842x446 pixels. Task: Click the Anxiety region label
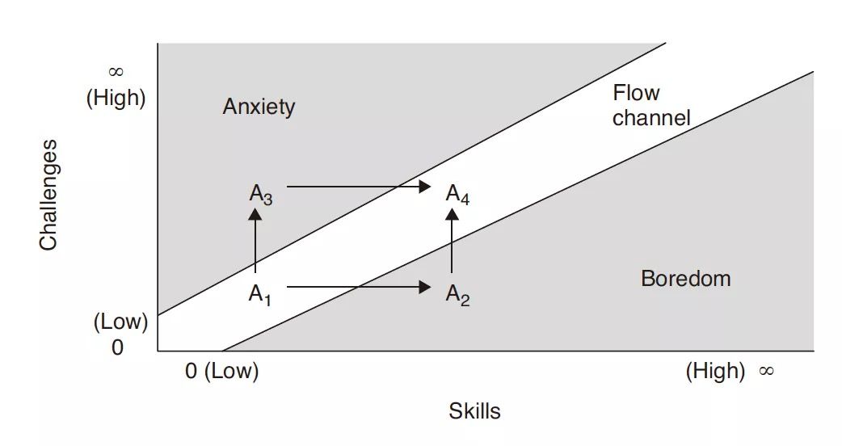point(259,107)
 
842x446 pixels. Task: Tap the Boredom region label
point(685,279)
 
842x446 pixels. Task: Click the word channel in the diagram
point(651,118)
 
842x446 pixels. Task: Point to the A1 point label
point(259,295)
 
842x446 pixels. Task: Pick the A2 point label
point(457,295)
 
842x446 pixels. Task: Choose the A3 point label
point(260,194)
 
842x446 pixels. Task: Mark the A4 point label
point(457,194)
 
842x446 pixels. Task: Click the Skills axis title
point(474,411)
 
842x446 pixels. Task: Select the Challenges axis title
point(49,195)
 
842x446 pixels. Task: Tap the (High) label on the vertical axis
point(116,99)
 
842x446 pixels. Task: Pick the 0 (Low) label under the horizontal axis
point(221,372)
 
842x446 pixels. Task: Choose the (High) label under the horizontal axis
point(715,371)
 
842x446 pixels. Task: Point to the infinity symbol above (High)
point(116,74)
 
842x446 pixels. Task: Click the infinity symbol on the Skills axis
point(766,371)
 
